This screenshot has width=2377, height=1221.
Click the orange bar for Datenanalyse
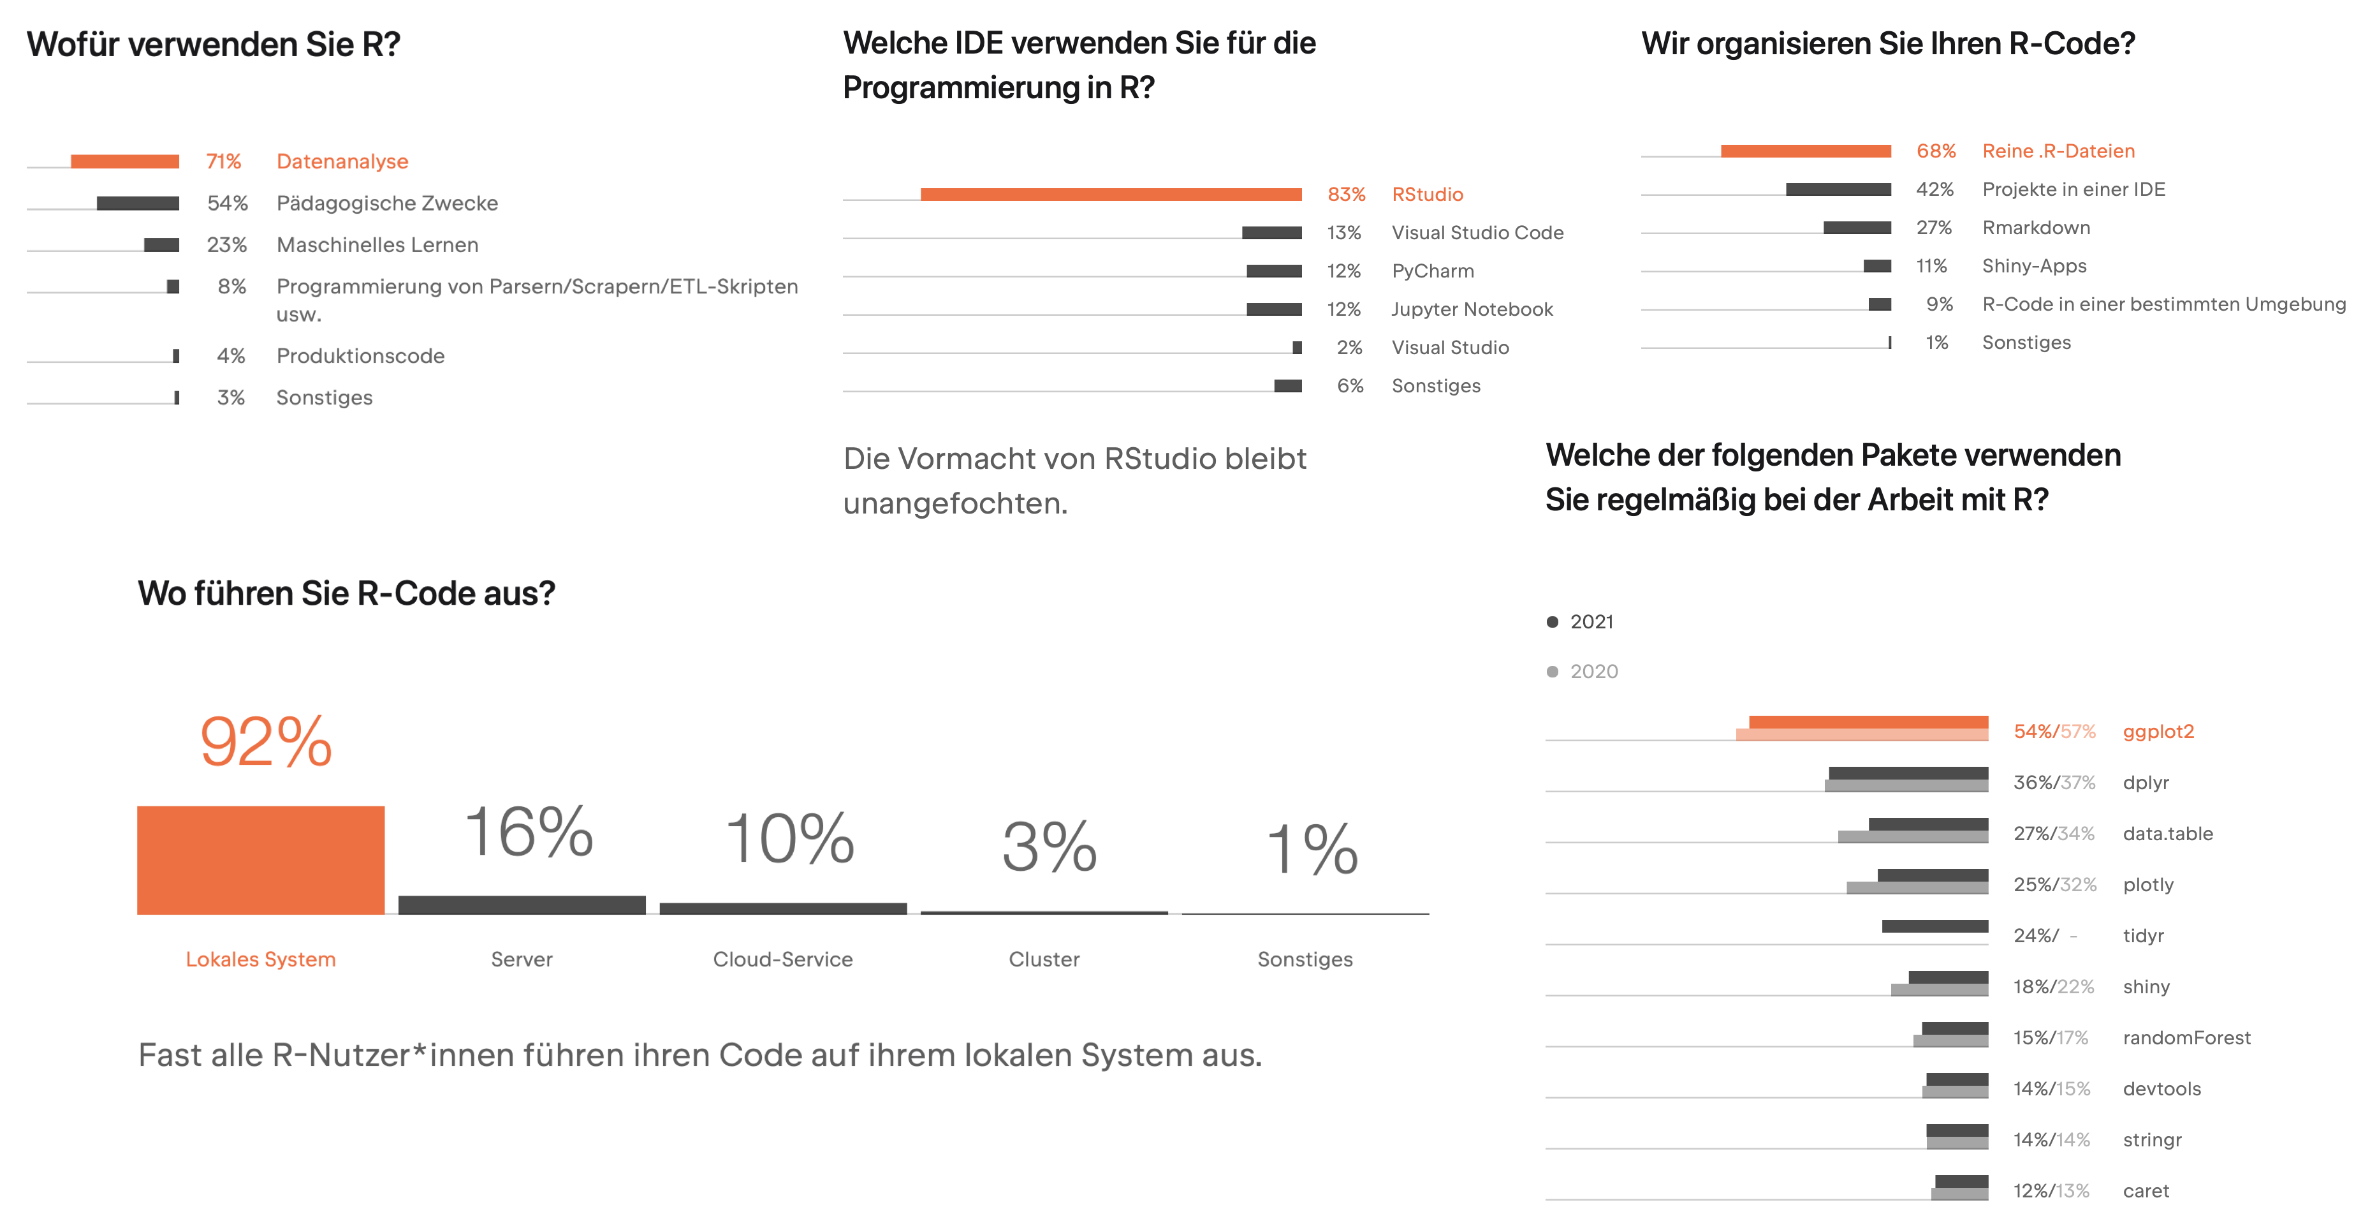[124, 161]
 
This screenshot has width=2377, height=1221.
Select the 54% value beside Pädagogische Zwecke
[227, 203]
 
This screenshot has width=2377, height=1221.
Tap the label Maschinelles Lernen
[377, 244]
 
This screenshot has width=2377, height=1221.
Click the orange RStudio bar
[1111, 194]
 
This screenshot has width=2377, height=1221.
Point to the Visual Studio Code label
[1477, 233]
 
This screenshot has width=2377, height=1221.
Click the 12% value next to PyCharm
[1343, 271]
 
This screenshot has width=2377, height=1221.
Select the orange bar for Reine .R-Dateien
[1805, 151]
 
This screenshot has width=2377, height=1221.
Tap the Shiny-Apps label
[2034, 266]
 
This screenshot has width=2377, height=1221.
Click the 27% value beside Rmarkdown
[1933, 228]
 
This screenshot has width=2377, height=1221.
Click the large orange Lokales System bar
[261, 859]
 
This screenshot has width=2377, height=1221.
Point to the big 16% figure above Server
[528, 833]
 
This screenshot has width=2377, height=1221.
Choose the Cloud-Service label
[782, 959]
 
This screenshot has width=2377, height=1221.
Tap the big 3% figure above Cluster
[1049, 847]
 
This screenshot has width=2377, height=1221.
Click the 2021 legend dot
[1552, 622]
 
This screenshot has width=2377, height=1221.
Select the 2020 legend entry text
[1593, 672]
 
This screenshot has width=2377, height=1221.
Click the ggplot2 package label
[2158, 732]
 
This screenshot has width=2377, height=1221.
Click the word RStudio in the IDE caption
[1159, 459]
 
